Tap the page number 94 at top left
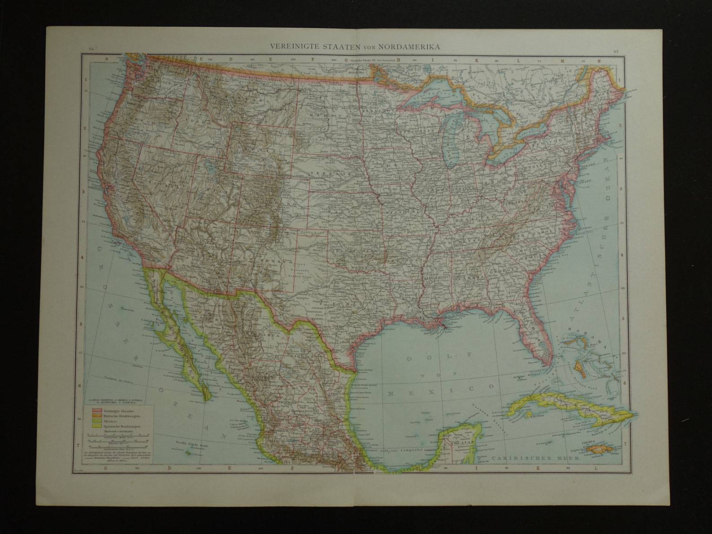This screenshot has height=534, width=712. (x=91, y=50)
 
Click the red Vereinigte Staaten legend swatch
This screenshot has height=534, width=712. (x=96, y=411)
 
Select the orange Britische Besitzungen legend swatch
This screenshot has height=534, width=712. (x=96, y=416)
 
